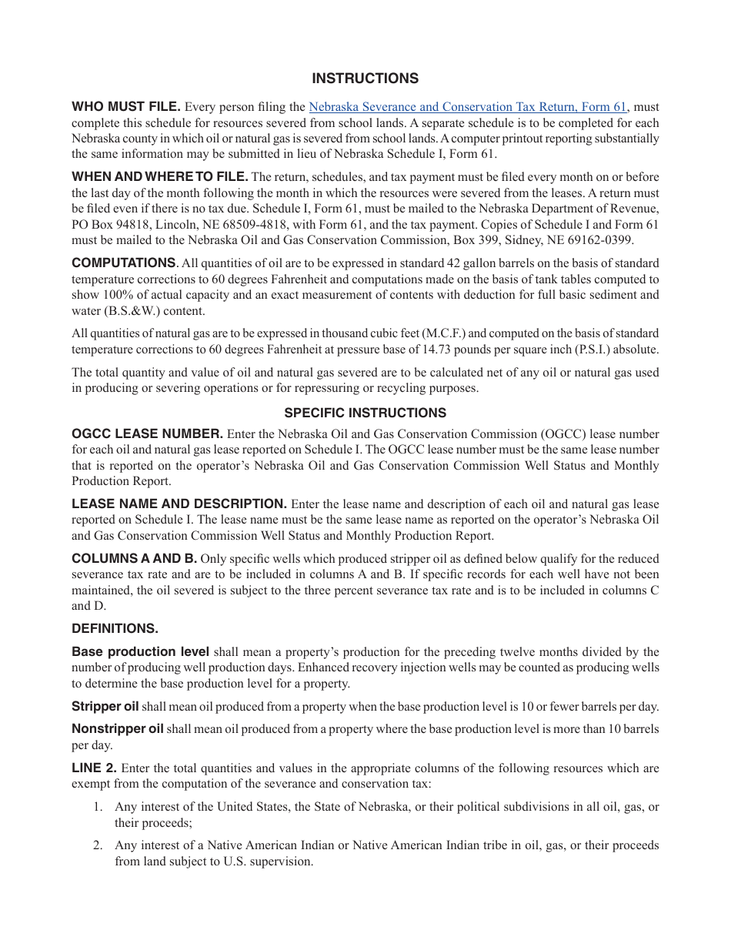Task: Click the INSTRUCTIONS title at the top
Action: (x=365, y=79)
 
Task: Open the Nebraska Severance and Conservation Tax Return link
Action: (x=468, y=107)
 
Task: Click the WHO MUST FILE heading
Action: (x=126, y=107)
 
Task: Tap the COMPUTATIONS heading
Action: (x=123, y=263)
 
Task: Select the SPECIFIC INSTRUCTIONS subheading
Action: (x=365, y=413)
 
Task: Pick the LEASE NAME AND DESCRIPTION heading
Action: (x=179, y=504)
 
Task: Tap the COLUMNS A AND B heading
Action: (x=134, y=558)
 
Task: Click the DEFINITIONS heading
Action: (x=115, y=628)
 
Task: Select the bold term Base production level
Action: (x=140, y=652)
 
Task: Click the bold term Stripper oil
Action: (x=105, y=707)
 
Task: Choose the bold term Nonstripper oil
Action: (x=118, y=729)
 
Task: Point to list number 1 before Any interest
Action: (x=98, y=807)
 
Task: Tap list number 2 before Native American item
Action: (x=98, y=845)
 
